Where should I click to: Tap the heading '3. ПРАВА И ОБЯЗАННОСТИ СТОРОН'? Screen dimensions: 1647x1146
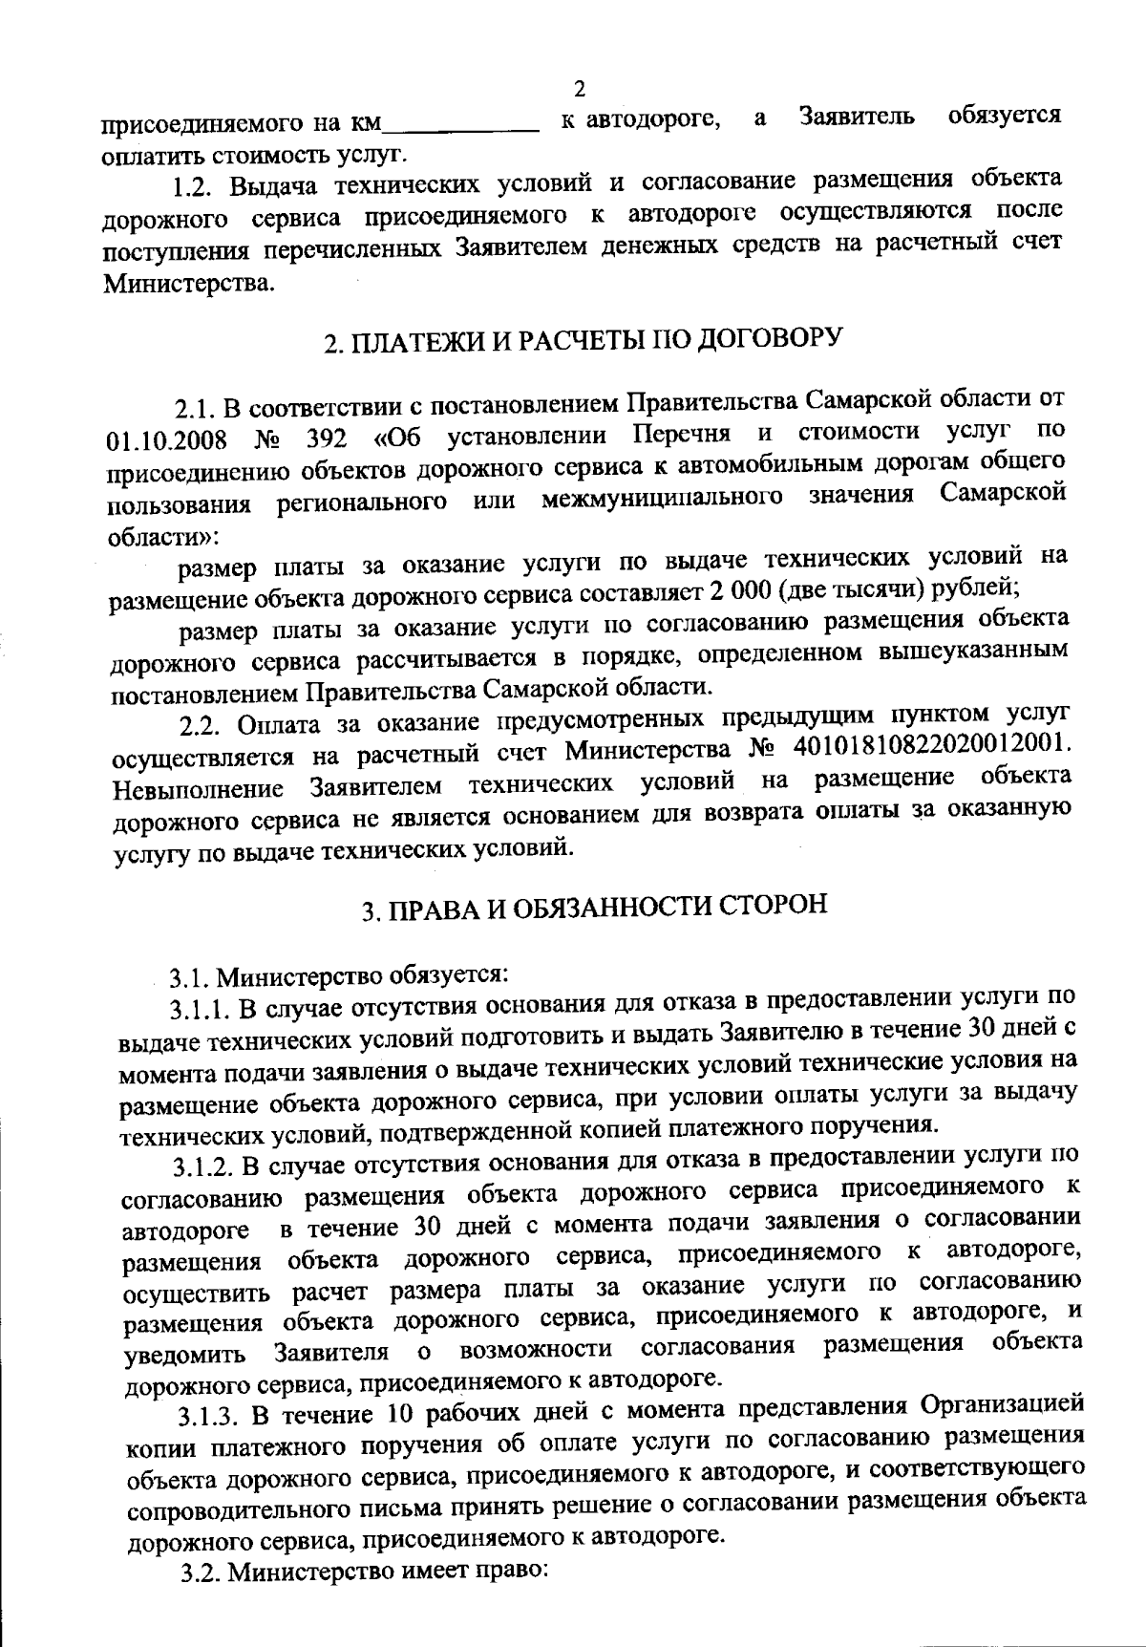pos(593,907)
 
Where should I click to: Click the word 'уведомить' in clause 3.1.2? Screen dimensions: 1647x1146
pos(186,1355)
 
